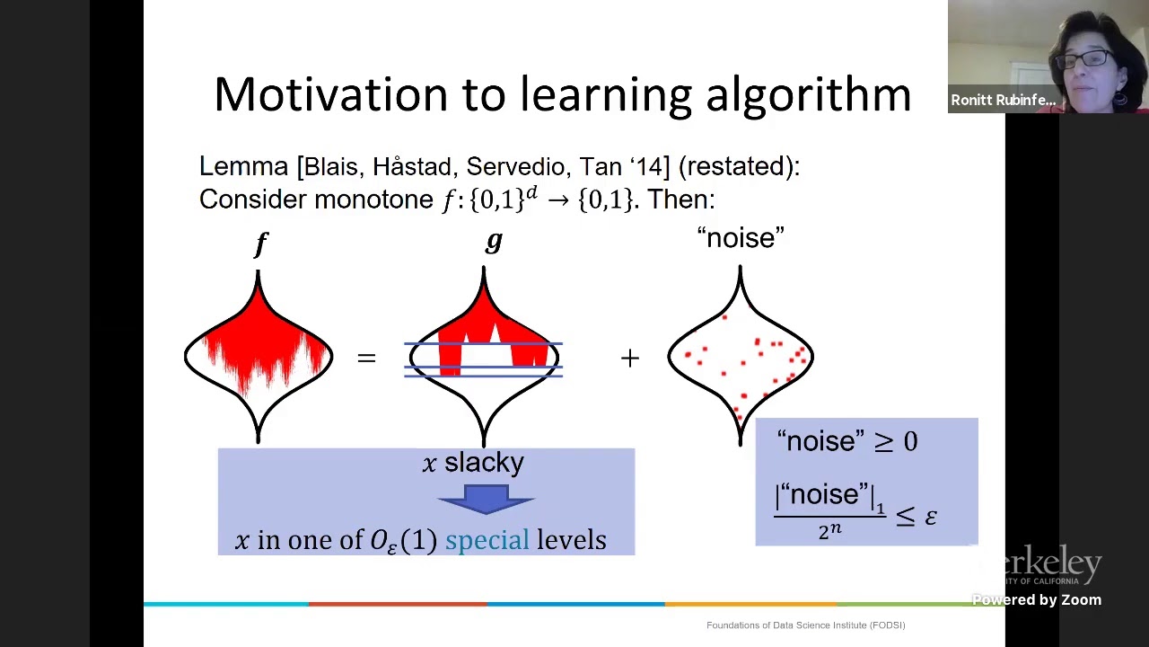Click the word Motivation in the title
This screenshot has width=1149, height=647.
[330, 94]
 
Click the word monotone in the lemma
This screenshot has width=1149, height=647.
[373, 199]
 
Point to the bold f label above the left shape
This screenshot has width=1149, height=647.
[260, 243]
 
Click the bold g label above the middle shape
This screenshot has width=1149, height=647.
[493, 241]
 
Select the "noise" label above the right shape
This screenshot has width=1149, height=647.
[741, 238]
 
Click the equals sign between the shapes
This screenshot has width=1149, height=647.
[366, 359]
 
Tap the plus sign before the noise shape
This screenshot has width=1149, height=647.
[629, 359]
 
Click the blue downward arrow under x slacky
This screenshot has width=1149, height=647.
[487, 499]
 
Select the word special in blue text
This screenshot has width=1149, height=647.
[487, 540]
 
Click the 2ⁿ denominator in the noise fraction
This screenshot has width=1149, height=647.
[829, 531]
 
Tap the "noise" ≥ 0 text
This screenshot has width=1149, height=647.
[846, 441]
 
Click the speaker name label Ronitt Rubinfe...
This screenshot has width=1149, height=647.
[1003, 100]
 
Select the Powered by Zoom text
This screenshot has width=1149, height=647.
[1036, 599]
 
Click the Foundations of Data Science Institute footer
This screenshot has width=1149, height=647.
[805, 625]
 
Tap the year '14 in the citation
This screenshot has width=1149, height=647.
[650, 166]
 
